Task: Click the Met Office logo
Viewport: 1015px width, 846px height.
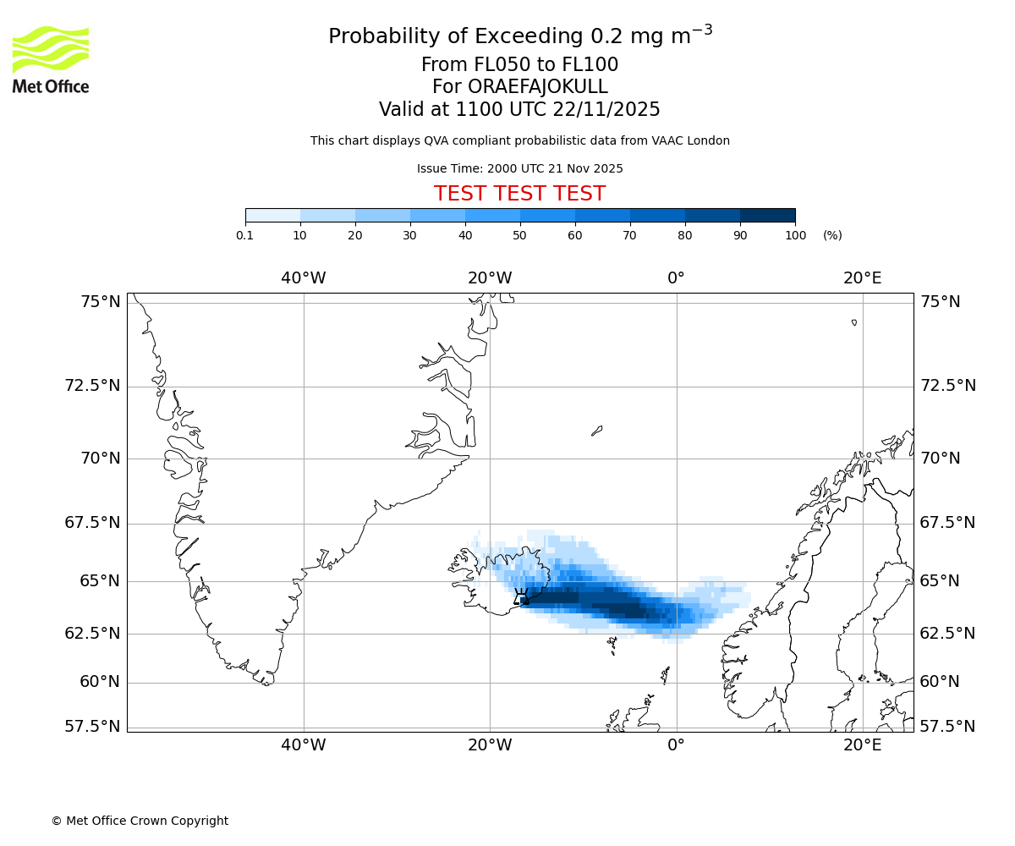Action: [51, 59]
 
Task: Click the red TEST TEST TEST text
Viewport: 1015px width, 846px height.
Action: [519, 194]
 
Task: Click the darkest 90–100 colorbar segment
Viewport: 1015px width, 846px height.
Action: [767, 216]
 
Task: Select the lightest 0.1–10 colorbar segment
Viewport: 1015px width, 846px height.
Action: [273, 216]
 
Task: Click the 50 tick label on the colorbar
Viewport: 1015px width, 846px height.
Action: [520, 235]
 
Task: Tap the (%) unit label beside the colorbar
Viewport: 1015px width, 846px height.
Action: [832, 235]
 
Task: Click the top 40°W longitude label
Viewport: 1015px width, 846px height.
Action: [304, 277]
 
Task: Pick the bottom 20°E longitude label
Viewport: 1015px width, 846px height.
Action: [862, 745]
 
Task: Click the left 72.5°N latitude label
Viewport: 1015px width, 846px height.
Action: [93, 386]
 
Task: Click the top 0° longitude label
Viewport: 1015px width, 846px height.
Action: [676, 277]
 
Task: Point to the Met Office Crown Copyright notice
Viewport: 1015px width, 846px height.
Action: [140, 821]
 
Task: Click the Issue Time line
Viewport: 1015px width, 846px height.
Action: [519, 168]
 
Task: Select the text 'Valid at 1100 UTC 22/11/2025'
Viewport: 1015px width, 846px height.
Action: [519, 109]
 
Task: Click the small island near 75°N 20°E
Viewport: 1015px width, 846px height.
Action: [854, 322]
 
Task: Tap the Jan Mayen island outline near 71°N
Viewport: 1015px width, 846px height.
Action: [597, 431]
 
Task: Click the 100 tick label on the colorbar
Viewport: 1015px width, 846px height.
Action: [795, 235]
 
